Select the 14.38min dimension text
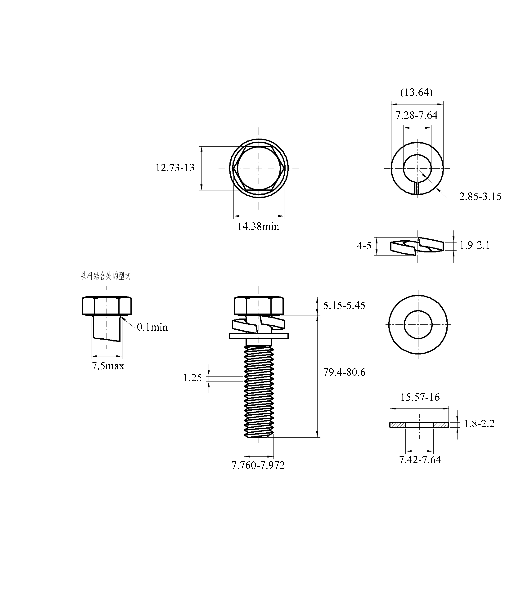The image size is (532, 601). click(258, 226)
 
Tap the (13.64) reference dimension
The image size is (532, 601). click(416, 93)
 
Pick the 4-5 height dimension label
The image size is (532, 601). click(364, 246)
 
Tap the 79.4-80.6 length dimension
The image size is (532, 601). click(344, 372)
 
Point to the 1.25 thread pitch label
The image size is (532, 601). click(193, 378)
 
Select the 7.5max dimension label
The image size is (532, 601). click(108, 366)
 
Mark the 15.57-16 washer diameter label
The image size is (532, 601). click(420, 397)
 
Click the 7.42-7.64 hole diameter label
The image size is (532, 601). click(420, 460)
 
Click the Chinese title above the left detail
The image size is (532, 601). click(106, 276)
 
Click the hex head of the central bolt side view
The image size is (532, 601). click(259, 306)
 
